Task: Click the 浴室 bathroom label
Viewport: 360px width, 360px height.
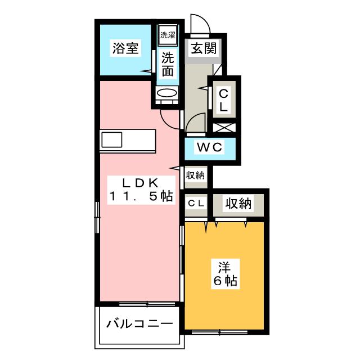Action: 125,48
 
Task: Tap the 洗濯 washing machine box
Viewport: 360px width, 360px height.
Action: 168,35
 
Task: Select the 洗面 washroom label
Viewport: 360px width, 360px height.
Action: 168,64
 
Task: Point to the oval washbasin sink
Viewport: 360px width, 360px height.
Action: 166,93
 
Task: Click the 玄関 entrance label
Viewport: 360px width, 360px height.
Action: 204,48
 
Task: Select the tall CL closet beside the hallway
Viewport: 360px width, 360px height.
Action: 224,100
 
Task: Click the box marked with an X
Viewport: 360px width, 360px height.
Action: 224,128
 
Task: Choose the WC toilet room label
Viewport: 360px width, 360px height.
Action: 210,147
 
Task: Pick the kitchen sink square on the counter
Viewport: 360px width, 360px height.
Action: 112,140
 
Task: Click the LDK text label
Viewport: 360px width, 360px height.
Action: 140,183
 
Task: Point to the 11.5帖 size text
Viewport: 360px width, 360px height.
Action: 141,196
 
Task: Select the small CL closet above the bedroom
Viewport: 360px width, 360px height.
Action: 196,204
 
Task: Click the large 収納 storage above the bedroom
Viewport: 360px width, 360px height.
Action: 238,204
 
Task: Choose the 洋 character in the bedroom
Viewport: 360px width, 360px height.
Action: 224,267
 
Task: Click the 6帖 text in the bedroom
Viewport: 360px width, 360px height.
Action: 225,281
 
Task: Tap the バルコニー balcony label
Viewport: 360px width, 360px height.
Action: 139,324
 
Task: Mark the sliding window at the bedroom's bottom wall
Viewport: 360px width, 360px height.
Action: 219,332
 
